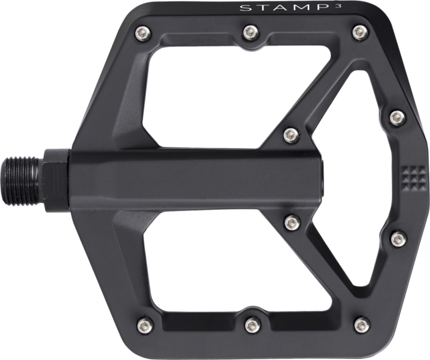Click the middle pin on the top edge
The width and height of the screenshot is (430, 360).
[249, 31]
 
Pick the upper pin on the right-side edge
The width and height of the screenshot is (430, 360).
[397, 117]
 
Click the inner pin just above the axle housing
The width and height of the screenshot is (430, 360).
[291, 135]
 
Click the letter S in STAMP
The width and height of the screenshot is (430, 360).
[244, 8]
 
